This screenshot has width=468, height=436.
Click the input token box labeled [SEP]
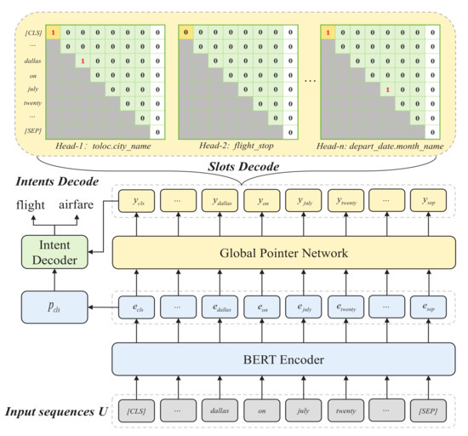pyautogui.click(x=427, y=412)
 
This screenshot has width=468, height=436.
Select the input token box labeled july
pyautogui.click(x=302, y=412)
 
